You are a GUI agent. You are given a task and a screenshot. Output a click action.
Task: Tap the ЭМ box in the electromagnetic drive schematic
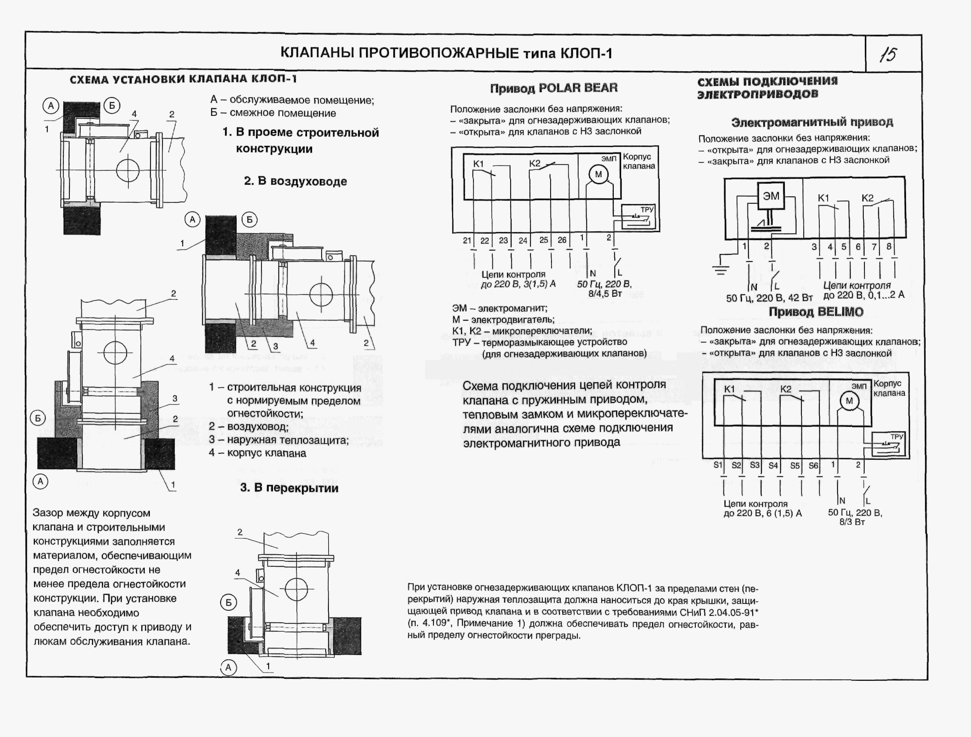771,196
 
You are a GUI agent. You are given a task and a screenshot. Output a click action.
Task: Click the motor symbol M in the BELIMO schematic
849,401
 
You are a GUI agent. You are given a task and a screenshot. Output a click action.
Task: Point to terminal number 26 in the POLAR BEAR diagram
562,240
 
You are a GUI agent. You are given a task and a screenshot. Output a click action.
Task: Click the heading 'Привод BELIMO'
816,312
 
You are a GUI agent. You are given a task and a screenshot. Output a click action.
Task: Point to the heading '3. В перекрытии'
289,488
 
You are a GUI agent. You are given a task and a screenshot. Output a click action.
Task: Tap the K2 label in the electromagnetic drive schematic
867,198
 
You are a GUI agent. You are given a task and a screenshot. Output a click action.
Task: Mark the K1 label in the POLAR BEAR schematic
478,164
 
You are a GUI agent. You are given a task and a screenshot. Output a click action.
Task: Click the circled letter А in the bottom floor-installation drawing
228,668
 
